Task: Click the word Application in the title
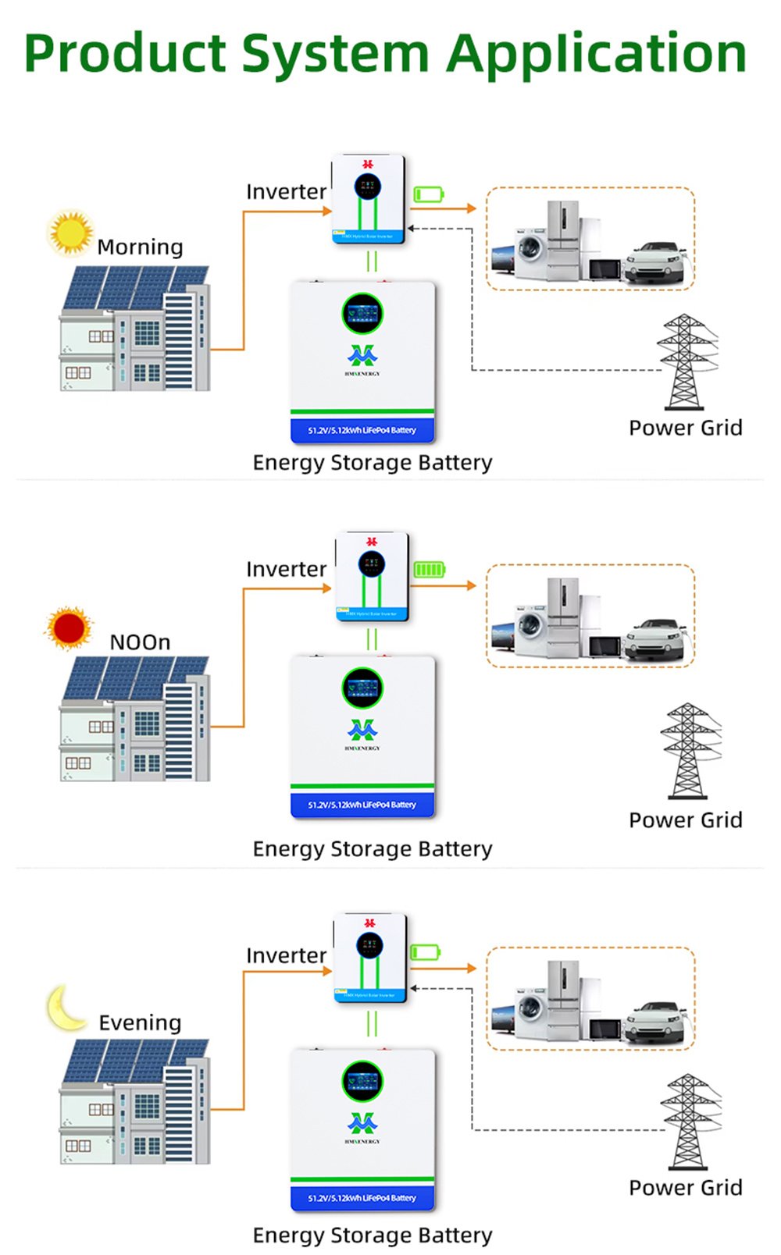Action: point(597,55)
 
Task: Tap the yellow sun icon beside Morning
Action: point(70,232)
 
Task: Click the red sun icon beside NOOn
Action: point(69,627)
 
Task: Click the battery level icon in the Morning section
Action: point(429,194)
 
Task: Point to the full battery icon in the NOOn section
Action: point(429,570)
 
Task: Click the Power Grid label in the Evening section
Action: point(685,1187)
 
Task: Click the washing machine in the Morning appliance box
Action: point(531,253)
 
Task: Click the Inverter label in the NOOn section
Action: point(286,569)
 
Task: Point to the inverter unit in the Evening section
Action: point(370,958)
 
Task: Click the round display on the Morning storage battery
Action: point(362,313)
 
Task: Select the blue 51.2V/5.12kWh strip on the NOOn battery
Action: point(362,805)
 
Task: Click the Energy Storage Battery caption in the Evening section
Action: point(373,1235)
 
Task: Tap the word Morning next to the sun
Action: point(140,247)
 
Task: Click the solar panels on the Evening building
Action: point(133,1060)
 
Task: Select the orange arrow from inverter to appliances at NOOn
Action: point(444,585)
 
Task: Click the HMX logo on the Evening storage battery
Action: point(362,1123)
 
